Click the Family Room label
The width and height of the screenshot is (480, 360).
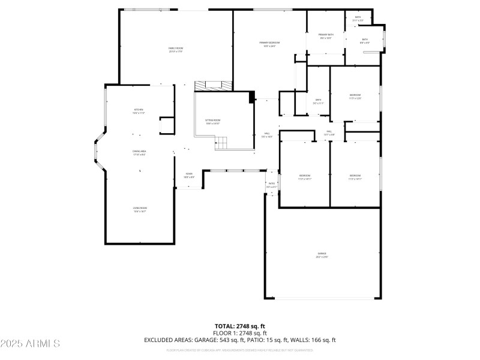point(175,50)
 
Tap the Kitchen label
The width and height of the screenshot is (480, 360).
point(139,111)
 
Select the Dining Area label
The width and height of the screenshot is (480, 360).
point(139,153)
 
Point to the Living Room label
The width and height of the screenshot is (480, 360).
point(140,209)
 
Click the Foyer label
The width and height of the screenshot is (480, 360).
point(188,176)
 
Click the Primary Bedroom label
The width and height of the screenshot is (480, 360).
point(269,44)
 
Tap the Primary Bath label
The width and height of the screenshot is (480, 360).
point(326,37)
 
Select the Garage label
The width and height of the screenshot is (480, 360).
point(322,256)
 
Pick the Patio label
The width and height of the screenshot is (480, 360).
point(271,185)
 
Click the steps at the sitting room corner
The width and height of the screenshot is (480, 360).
point(222,143)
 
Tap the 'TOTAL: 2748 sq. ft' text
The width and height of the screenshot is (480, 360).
point(240,326)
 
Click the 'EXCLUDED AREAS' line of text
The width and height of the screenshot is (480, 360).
point(240,340)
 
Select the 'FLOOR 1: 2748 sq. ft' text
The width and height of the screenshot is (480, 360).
point(240,333)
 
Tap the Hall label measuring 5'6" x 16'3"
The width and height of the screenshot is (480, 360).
point(268,135)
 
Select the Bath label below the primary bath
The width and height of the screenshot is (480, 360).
point(318,101)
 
